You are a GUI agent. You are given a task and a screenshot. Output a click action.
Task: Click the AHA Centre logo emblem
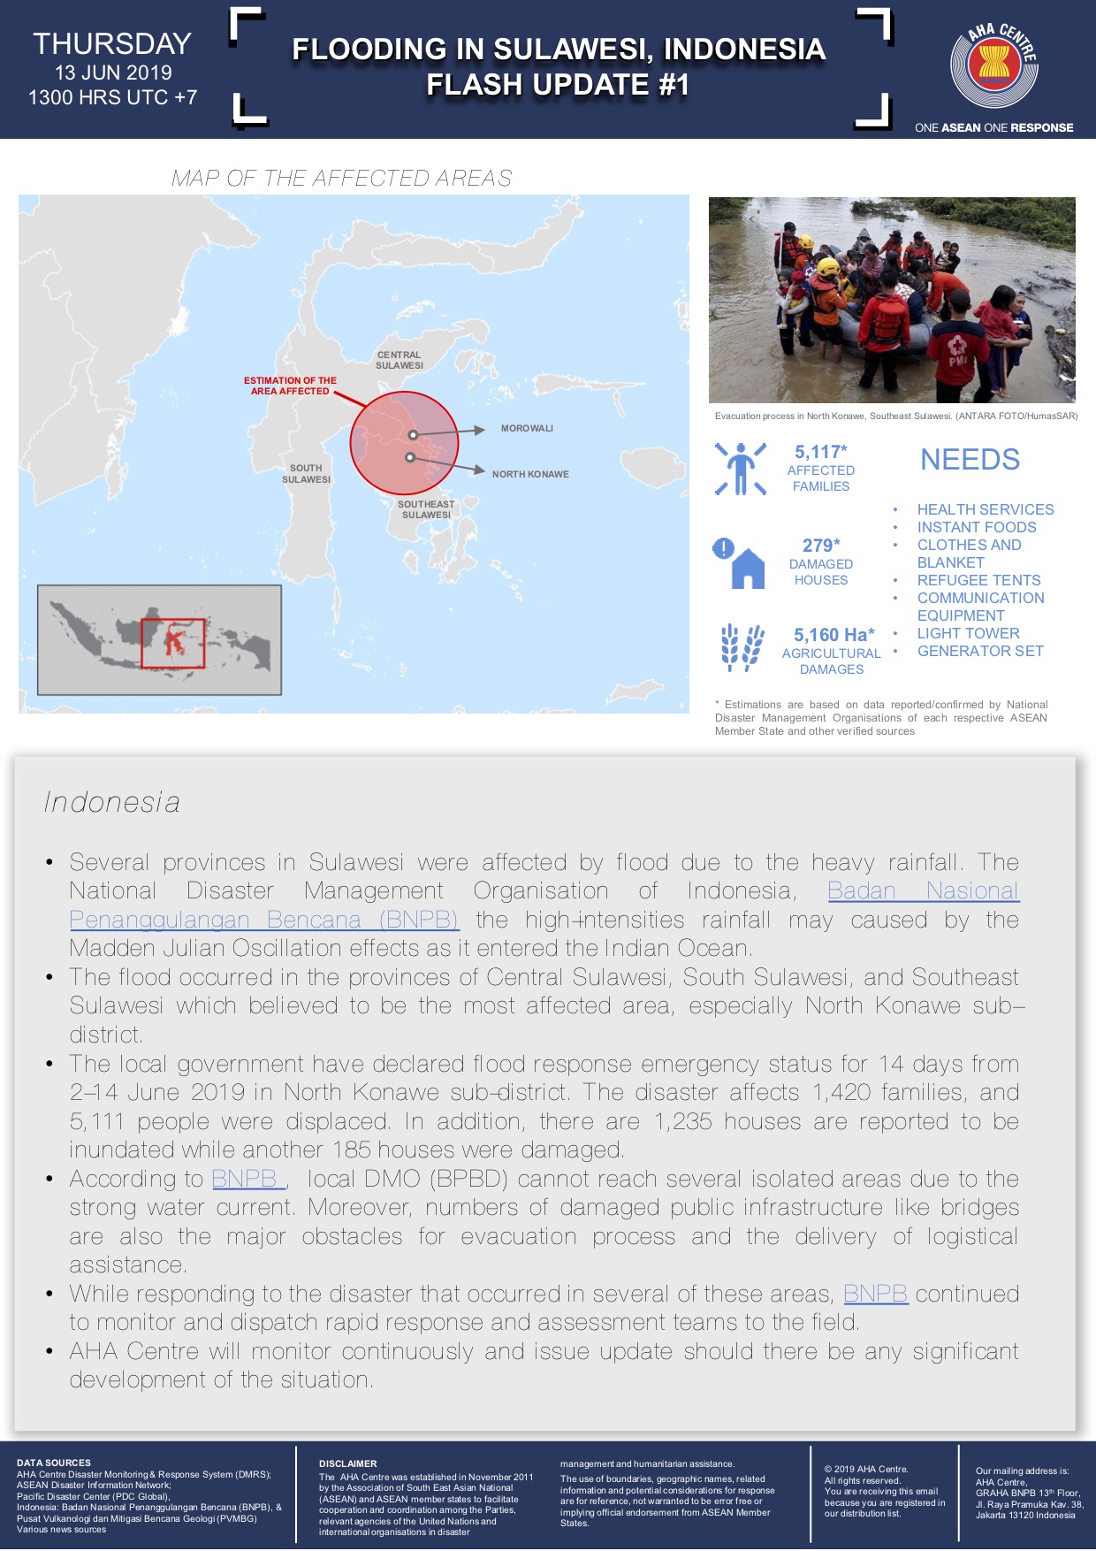pyautogui.click(x=993, y=67)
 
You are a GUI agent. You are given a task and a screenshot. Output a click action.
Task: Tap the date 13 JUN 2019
pyautogui.click(x=113, y=73)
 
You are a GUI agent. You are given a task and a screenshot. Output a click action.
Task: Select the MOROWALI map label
pyautogui.click(x=527, y=429)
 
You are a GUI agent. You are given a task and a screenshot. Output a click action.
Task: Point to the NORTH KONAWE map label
pyautogui.click(x=530, y=475)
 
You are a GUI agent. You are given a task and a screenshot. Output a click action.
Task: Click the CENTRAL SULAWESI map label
pyautogui.click(x=400, y=361)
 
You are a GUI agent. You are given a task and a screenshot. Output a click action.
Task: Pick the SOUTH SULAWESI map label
pyautogui.click(x=306, y=474)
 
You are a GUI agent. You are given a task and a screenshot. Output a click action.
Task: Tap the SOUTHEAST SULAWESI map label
pyautogui.click(x=426, y=510)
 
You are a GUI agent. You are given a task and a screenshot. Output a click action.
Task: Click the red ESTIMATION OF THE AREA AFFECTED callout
pyautogui.click(x=290, y=386)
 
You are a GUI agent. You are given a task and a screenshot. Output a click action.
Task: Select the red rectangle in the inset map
pyautogui.click(x=172, y=643)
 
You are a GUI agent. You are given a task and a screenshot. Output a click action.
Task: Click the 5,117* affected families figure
pyautogui.click(x=820, y=452)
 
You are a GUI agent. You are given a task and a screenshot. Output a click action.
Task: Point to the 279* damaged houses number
pyautogui.click(x=821, y=546)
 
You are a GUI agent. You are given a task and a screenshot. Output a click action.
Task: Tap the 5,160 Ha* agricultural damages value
pyautogui.click(x=833, y=635)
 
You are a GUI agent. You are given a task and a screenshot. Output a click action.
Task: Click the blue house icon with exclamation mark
pyautogui.click(x=740, y=563)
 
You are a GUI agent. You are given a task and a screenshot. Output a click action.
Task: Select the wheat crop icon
pyautogui.click(x=742, y=648)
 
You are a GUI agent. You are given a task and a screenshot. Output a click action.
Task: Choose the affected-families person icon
pyautogui.click(x=741, y=469)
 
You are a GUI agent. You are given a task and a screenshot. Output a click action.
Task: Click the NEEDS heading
pyautogui.click(x=970, y=460)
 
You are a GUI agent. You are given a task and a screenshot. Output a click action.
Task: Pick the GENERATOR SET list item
pyautogui.click(x=980, y=651)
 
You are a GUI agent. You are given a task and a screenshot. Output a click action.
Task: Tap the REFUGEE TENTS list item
pyautogui.click(x=978, y=580)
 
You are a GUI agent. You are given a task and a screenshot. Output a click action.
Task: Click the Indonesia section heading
pyautogui.click(x=112, y=802)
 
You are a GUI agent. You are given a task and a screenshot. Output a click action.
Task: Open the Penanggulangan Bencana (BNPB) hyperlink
pyautogui.click(x=263, y=920)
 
